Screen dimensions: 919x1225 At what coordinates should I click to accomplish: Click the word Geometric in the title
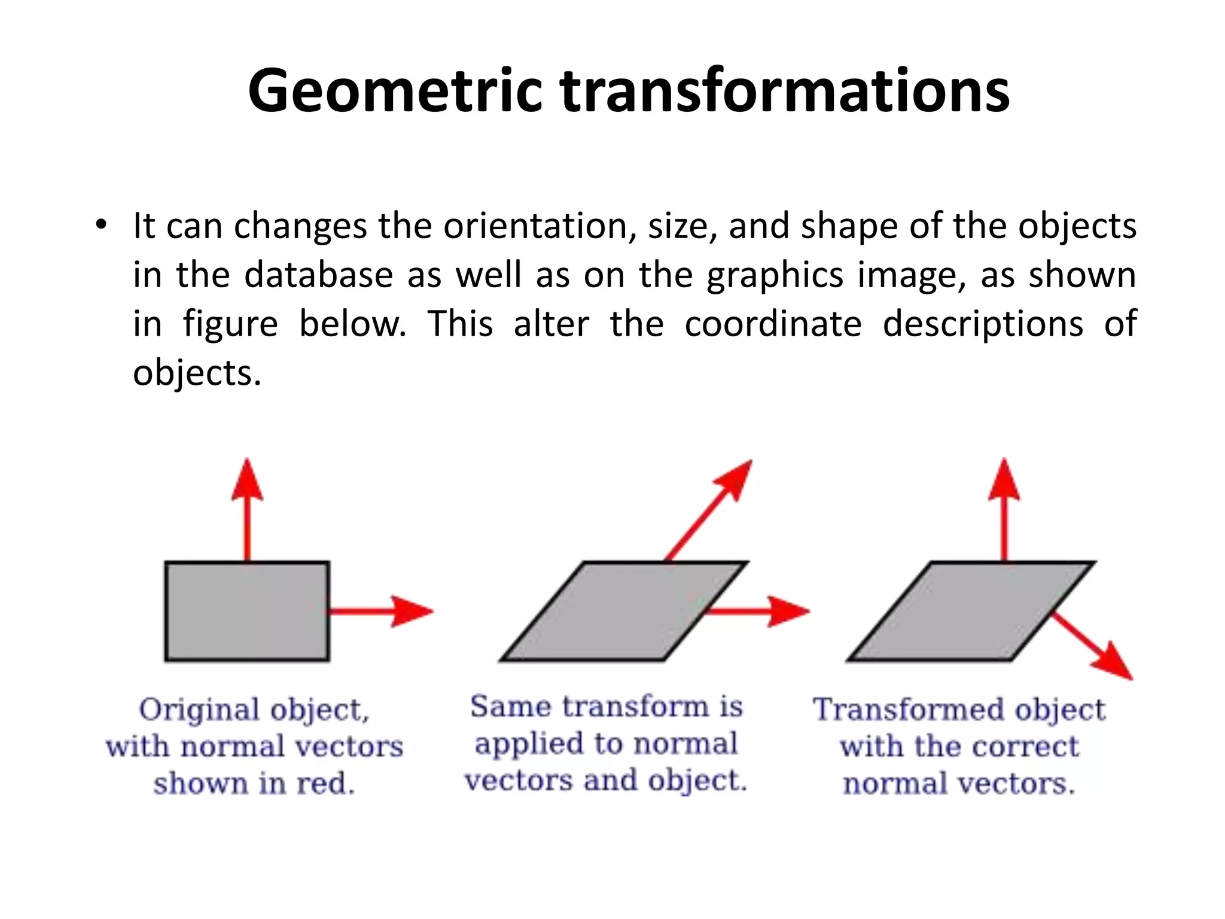395,91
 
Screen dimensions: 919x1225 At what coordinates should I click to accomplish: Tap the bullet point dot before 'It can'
101,226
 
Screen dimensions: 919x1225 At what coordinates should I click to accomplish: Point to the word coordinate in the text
773,324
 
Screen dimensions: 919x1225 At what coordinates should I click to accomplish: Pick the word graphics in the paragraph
775,276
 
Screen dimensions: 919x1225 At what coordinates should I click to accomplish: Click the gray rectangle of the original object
247,611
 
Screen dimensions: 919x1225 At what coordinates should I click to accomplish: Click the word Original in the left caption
200,710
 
